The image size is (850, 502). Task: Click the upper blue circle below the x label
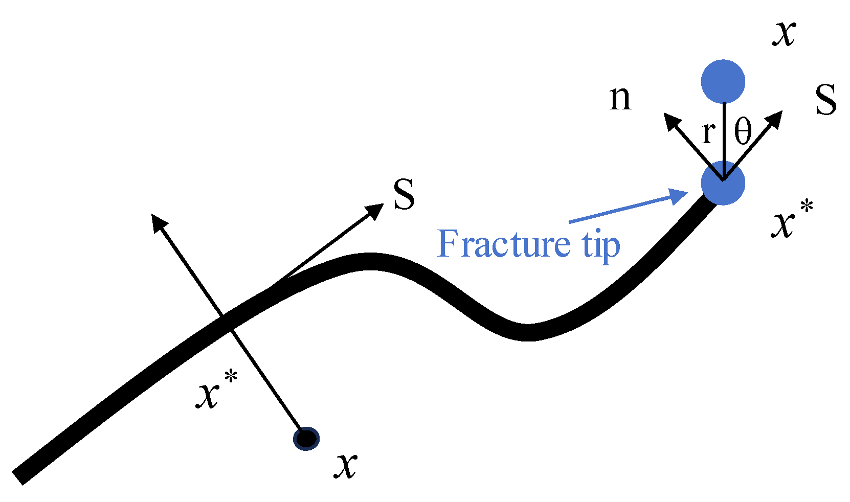[723, 82]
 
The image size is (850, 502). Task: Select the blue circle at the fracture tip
[723, 183]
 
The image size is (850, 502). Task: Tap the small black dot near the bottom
[306, 438]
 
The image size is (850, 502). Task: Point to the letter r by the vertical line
[708, 132]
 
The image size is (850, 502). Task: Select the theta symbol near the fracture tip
[743, 131]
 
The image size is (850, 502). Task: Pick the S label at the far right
[825, 99]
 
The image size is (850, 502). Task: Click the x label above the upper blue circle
[784, 35]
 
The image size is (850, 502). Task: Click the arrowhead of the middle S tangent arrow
[376, 209]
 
